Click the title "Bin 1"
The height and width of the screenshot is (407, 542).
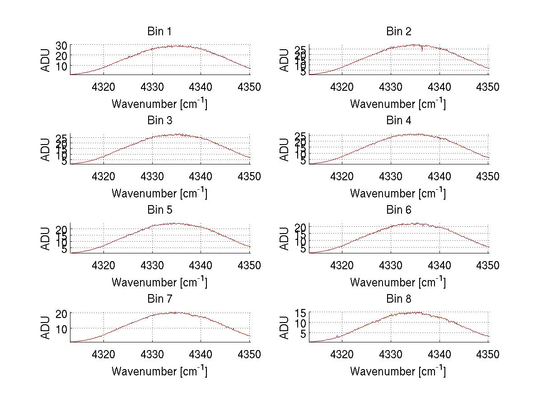(x=159, y=32)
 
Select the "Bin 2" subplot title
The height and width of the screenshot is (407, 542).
(x=398, y=32)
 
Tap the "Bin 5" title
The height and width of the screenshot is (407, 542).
(x=159, y=210)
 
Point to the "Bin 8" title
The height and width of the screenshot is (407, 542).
(x=398, y=299)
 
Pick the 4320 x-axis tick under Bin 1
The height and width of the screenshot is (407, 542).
(x=104, y=87)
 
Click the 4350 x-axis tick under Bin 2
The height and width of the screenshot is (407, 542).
(x=488, y=87)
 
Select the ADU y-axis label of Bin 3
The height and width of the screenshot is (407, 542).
(x=46, y=150)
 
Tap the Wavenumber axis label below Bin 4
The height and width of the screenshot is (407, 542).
(x=398, y=193)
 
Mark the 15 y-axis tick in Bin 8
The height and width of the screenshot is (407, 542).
(x=300, y=312)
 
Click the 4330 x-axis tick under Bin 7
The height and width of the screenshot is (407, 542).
(x=152, y=355)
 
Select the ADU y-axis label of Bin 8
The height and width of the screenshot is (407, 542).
(x=284, y=327)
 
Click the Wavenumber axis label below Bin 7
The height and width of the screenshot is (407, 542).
(x=159, y=371)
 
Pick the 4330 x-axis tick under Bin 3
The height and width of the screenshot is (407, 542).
(x=152, y=176)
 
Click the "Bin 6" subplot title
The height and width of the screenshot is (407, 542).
(x=398, y=210)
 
